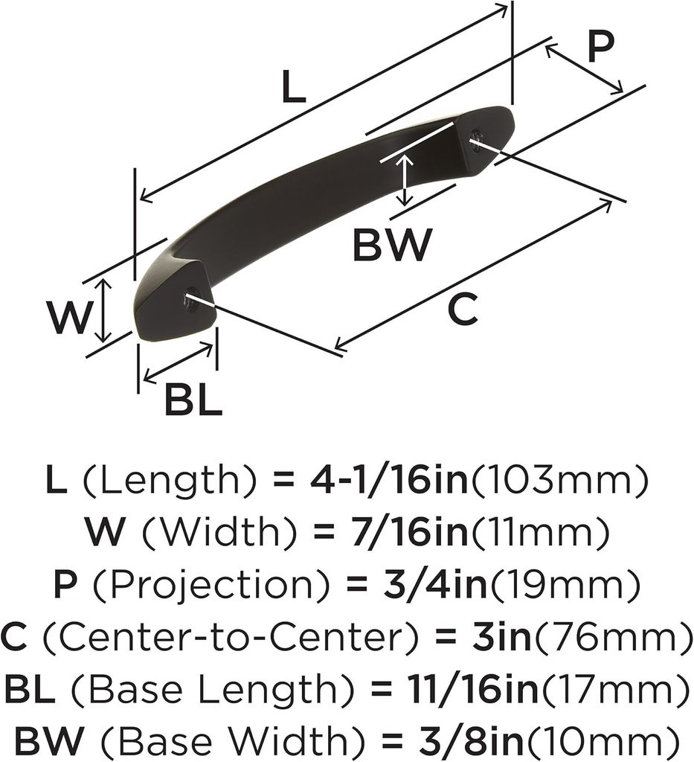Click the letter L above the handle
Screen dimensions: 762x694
(x=294, y=89)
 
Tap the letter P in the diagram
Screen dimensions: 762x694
(x=600, y=48)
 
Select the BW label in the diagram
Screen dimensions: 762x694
(x=392, y=245)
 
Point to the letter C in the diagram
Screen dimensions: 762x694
(x=463, y=309)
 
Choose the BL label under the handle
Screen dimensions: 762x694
(x=193, y=402)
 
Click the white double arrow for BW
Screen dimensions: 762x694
(x=404, y=179)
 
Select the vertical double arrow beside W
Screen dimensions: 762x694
(x=105, y=311)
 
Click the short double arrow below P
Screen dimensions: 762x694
(x=584, y=69)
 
